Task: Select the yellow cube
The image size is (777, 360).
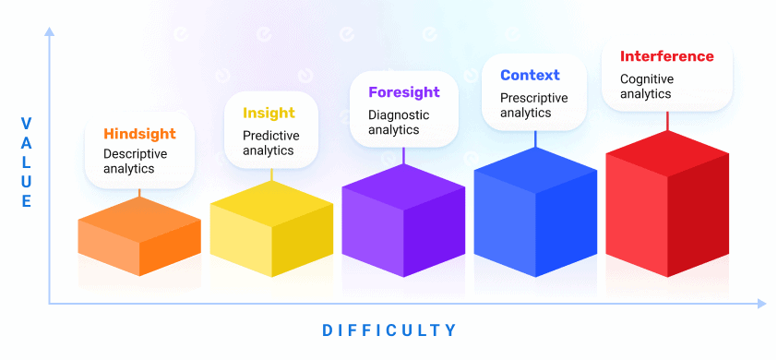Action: tap(271, 230)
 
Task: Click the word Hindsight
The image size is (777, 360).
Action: tap(139, 134)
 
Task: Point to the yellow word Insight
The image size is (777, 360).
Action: tap(269, 113)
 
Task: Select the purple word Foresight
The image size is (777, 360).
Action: tap(404, 92)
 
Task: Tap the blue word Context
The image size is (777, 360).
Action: tap(530, 75)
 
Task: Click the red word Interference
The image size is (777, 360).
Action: tap(666, 56)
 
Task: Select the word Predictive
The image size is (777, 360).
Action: tap(271, 135)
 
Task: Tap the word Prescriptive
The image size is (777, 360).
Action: tap(534, 97)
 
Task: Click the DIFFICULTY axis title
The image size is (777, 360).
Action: tap(389, 330)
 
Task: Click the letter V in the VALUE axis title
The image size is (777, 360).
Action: tap(26, 123)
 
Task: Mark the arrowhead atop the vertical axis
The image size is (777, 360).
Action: tap(49, 34)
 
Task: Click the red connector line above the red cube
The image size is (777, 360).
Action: tap(667, 121)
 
